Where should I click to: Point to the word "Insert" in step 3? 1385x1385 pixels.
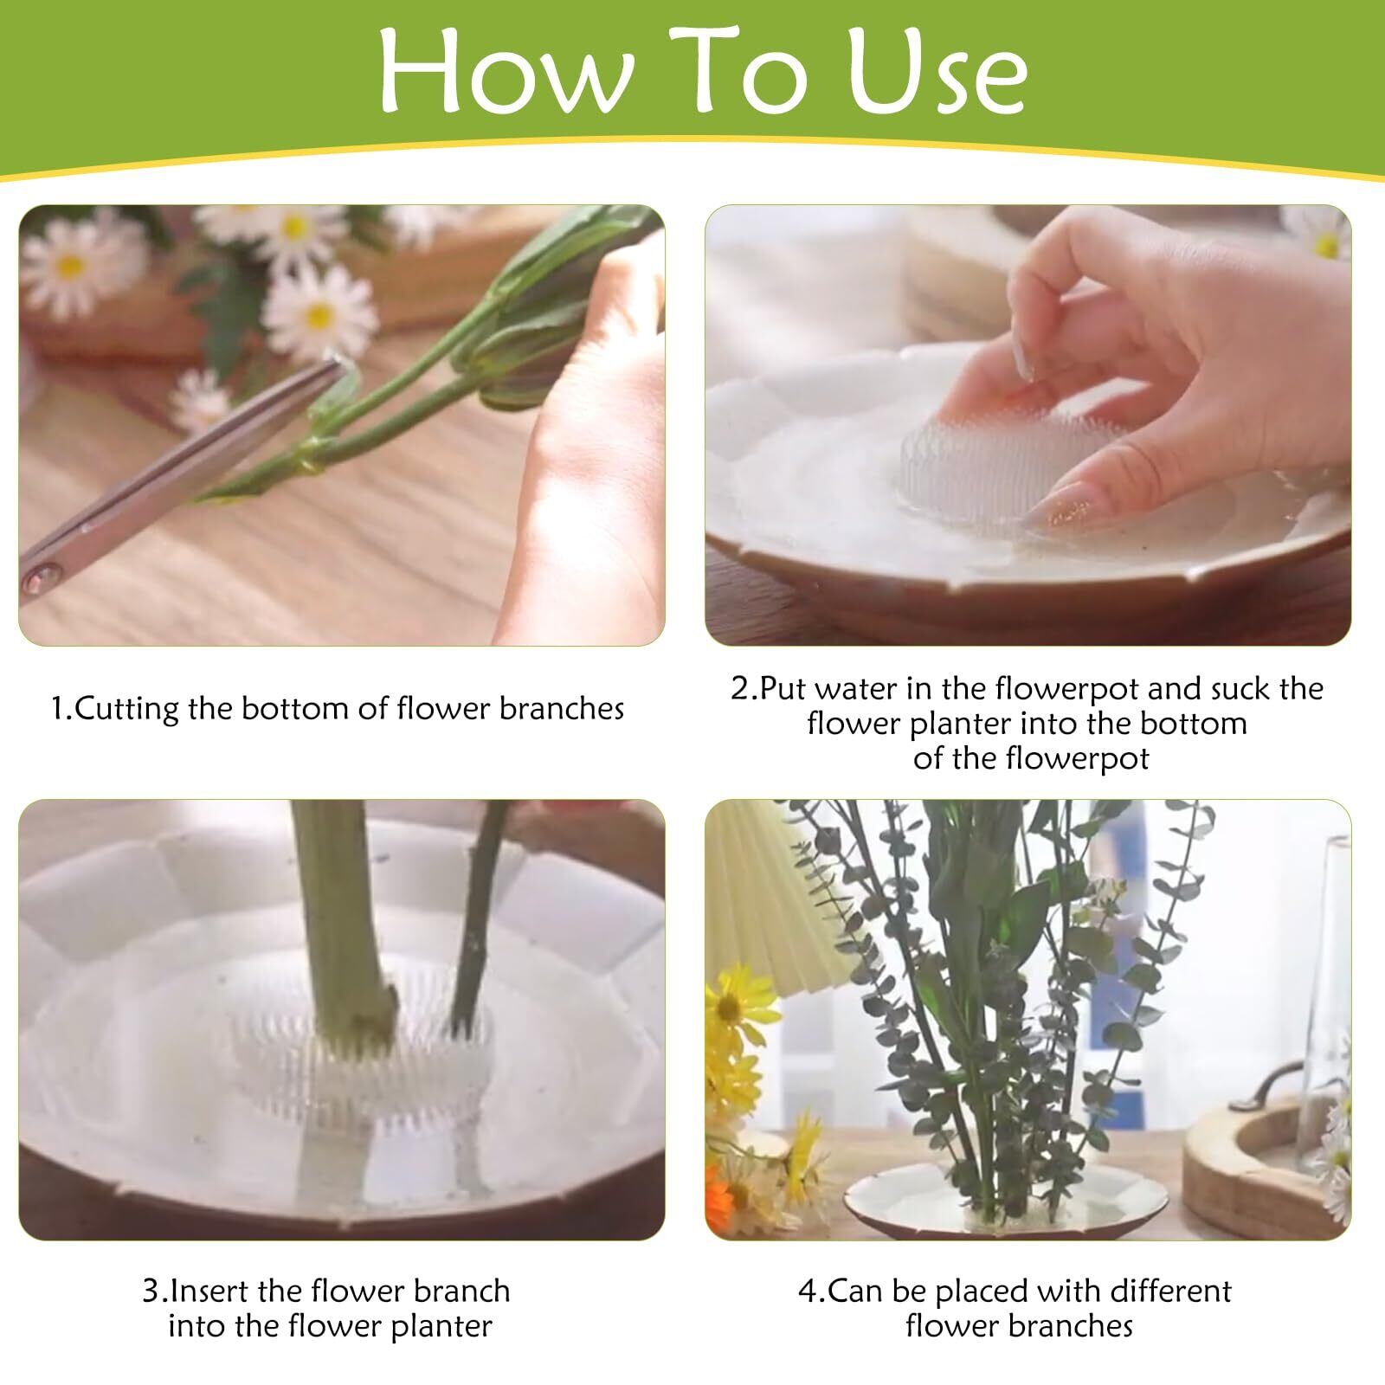point(206,1291)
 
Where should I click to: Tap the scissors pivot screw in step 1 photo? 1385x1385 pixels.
point(42,572)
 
